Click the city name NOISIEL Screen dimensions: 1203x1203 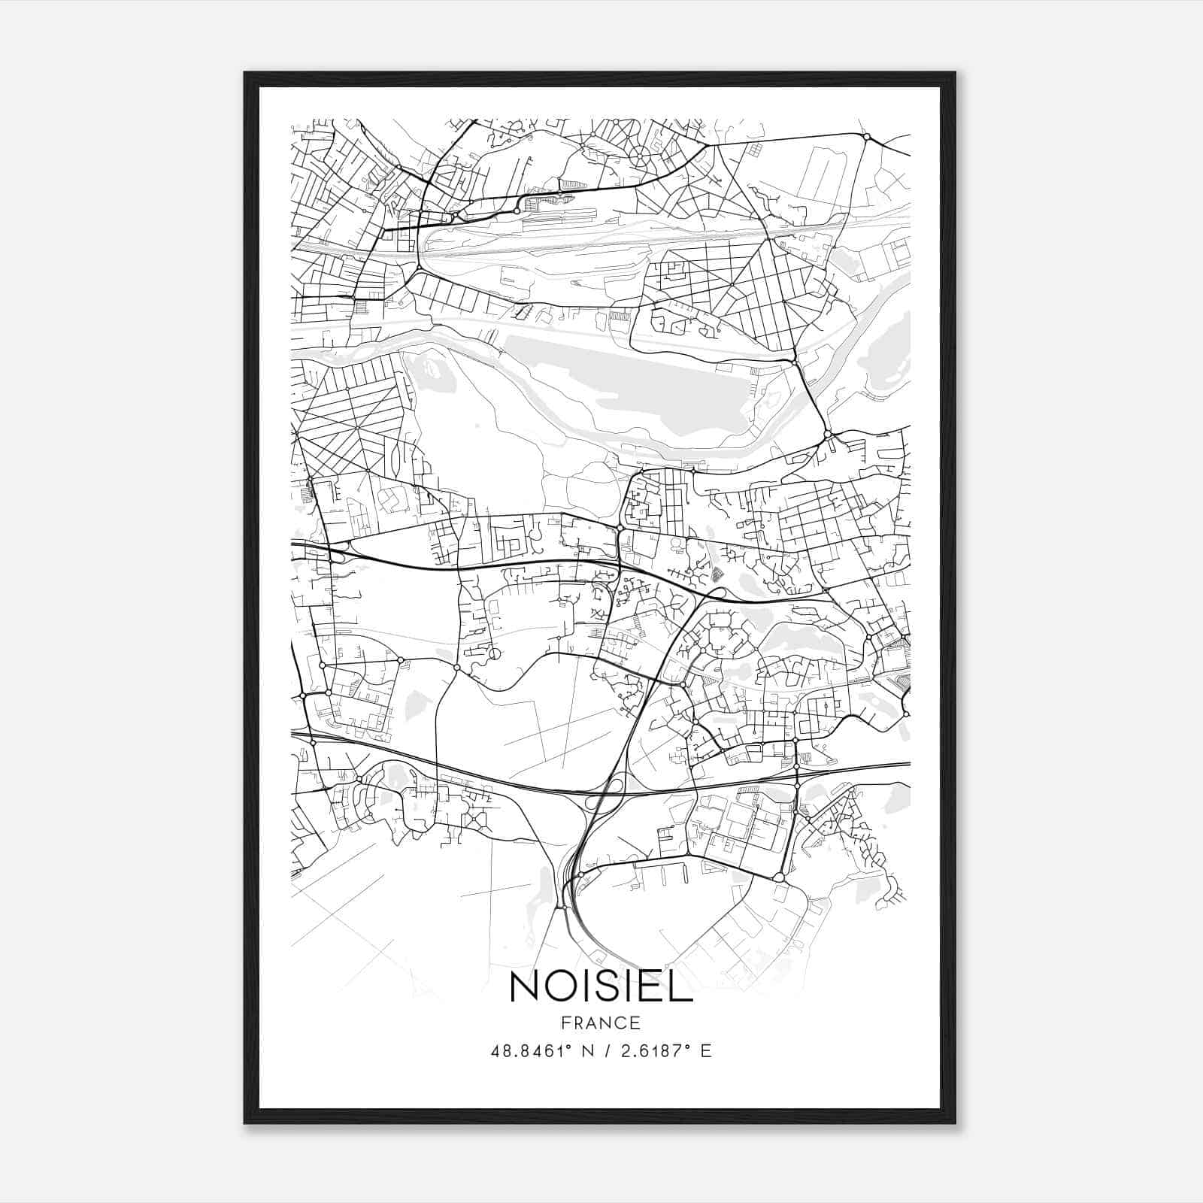tap(601, 986)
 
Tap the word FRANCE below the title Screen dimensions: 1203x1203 tap(601, 1023)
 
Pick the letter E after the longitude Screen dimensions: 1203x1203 tap(705, 1050)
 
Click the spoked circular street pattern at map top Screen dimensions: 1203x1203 tap(639, 156)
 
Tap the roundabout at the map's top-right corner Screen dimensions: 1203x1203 tap(866, 137)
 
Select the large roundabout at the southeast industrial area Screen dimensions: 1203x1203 tap(779, 877)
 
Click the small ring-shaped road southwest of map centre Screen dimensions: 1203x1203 tap(494, 654)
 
